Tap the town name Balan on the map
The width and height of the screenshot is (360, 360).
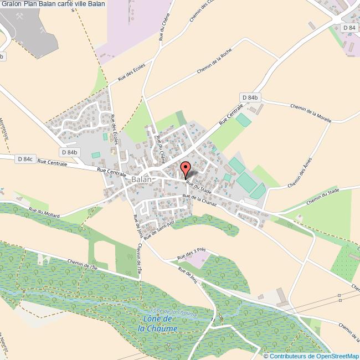[142, 180]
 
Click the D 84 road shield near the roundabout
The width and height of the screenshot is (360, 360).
[348, 27]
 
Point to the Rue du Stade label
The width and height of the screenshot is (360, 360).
[199, 187]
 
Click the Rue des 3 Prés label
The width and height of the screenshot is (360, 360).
[192, 253]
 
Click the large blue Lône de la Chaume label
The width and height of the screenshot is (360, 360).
[157, 324]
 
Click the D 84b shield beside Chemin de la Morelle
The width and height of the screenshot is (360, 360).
[250, 97]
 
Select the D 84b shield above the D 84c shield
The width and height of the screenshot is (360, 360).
[70, 152]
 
